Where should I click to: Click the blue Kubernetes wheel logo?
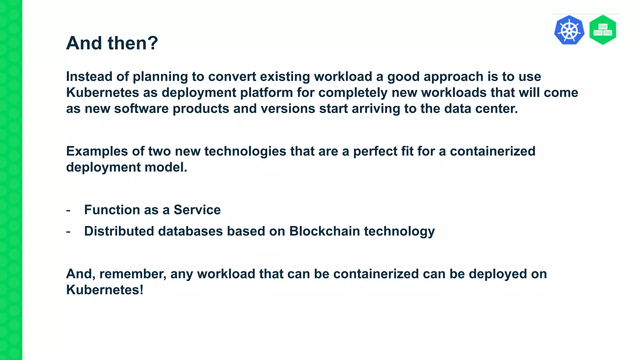click(x=569, y=30)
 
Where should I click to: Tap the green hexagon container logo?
click(x=602, y=30)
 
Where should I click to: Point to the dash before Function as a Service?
click(x=68, y=210)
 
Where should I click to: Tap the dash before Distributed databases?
click(x=68, y=232)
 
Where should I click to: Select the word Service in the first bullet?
click(x=197, y=210)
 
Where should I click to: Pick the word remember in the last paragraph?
click(x=132, y=274)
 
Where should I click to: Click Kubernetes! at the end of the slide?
click(x=105, y=290)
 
